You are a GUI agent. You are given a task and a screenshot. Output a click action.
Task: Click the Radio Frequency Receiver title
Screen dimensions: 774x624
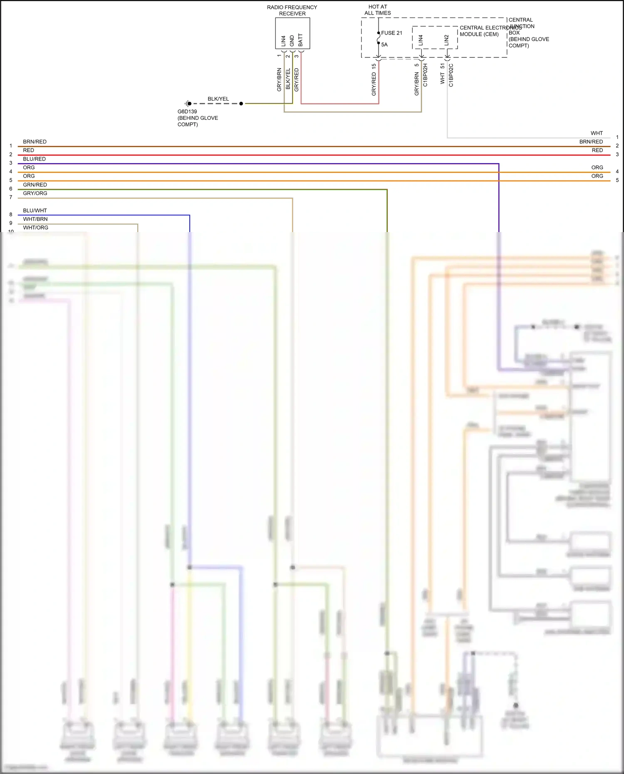[x=292, y=10]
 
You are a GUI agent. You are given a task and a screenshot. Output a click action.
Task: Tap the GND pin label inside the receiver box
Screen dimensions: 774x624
[x=292, y=41]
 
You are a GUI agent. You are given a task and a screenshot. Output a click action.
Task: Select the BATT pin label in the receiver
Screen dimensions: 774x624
[x=300, y=40]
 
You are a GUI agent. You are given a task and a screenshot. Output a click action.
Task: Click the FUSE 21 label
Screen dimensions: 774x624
[x=391, y=33]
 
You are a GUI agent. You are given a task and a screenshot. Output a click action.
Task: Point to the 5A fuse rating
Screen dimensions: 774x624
[x=384, y=45]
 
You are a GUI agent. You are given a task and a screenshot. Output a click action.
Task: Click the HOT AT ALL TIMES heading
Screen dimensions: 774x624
[x=378, y=10]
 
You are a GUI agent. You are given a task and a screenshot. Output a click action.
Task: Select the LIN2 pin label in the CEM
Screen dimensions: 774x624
[x=446, y=40]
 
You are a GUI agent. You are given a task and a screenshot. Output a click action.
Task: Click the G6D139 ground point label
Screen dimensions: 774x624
[x=187, y=111]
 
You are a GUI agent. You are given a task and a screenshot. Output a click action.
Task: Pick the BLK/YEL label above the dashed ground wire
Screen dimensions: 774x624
[x=218, y=99]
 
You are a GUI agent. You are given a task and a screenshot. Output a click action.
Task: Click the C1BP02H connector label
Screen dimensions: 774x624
[x=425, y=75]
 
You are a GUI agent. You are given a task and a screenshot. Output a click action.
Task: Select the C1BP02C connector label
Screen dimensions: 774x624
[x=451, y=75]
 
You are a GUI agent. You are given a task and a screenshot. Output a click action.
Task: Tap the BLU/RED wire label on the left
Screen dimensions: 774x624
[x=35, y=159]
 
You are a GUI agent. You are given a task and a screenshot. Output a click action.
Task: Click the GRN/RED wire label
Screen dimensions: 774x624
[x=35, y=185]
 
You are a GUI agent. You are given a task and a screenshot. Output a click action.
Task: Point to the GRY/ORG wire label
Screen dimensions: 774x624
[x=35, y=193]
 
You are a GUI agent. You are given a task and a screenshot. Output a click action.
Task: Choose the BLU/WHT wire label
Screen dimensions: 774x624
[x=35, y=210]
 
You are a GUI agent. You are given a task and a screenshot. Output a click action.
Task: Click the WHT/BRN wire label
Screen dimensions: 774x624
[x=35, y=219]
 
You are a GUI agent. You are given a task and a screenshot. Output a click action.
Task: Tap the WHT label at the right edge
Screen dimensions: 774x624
[x=597, y=133]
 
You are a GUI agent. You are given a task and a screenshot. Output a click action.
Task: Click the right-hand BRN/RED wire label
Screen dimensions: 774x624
[x=591, y=142]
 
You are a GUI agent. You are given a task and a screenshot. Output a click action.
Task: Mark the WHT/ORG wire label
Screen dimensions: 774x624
[x=36, y=228]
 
